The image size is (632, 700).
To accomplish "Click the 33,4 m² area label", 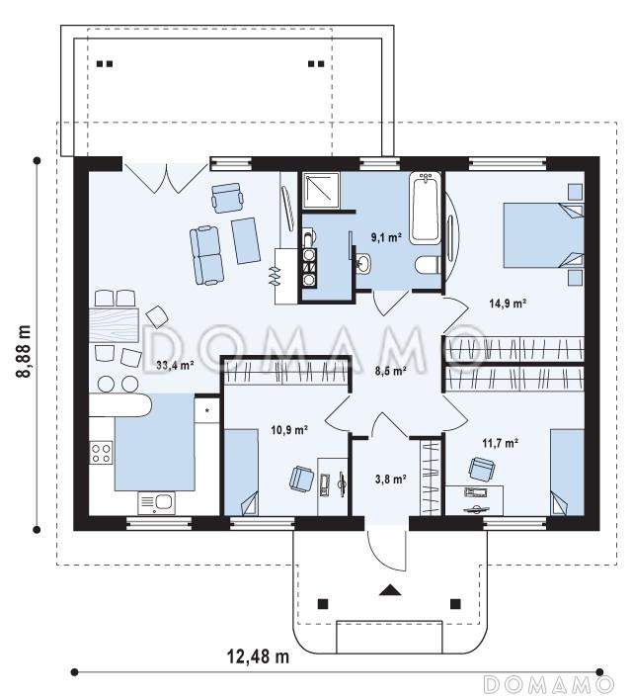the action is click(175, 365).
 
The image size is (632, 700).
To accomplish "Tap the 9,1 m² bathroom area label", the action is click(387, 237).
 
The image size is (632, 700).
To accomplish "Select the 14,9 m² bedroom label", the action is click(508, 304).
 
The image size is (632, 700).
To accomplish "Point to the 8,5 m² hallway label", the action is click(390, 370).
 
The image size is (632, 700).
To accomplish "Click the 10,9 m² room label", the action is click(289, 430).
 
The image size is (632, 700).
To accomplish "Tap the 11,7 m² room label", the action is click(500, 443).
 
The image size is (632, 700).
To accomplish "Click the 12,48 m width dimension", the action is click(259, 656).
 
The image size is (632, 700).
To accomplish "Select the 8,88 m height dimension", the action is click(24, 350).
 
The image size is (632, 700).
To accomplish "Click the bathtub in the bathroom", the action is click(426, 208).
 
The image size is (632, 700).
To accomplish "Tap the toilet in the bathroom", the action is click(428, 265).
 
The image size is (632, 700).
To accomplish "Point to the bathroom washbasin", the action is click(363, 263).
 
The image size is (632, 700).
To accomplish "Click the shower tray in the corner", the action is click(321, 190).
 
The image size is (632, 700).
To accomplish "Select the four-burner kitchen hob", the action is click(102, 452).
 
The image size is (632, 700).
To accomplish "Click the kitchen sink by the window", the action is click(157, 502).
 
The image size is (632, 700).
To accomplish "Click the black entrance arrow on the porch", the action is click(390, 589).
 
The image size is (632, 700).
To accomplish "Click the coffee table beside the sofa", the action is click(246, 240).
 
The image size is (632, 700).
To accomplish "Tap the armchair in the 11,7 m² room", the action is click(481, 470).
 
